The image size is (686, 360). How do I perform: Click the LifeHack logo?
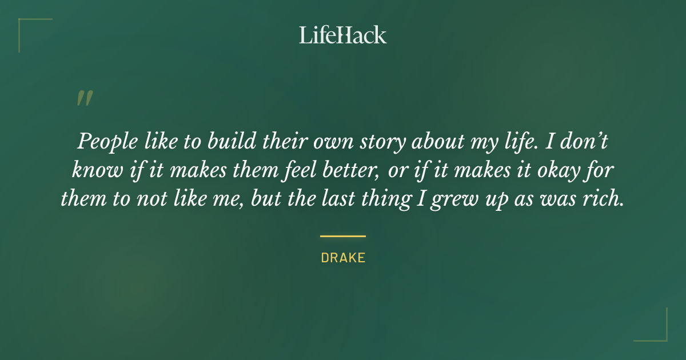pyautogui.click(x=342, y=35)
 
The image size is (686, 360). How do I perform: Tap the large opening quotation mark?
pyautogui.click(x=84, y=99)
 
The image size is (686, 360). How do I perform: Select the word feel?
pyautogui.click(x=297, y=170)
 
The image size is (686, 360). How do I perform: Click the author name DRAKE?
pyautogui.click(x=343, y=258)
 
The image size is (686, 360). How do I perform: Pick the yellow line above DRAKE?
pyautogui.click(x=343, y=236)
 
